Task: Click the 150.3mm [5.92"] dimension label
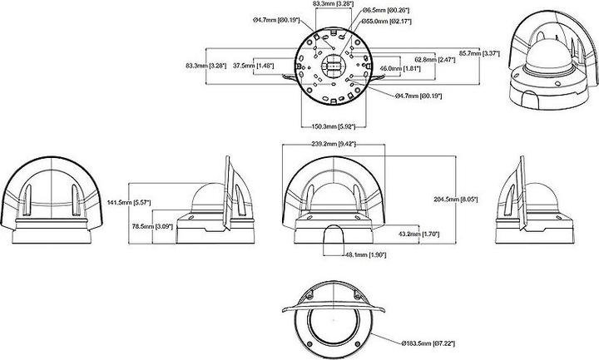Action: pos(329,127)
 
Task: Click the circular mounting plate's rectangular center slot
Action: pos(330,64)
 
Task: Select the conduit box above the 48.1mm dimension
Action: pos(333,239)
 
